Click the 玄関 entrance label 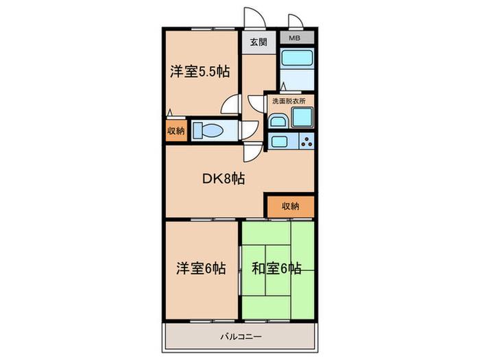pyautogui.click(x=259, y=42)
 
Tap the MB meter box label pyautogui.click(x=294, y=38)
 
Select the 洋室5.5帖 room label pyautogui.click(x=200, y=72)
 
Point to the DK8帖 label pyautogui.click(x=224, y=178)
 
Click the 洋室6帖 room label pyautogui.click(x=201, y=268)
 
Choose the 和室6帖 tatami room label pyautogui.click(x=276, y=269)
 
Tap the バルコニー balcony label pyautogui.click(x=241, y=337)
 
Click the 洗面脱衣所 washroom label pyautogui.click(x=289, y=101)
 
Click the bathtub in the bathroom pyautogui.click(x=298, y=58)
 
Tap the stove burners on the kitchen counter pyautogui.click(x=307, y=141)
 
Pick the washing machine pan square pyautogui.click(x=302, y=117)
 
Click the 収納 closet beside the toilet pyautogui.click(x=176, y=130)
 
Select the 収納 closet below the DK pyautogui.click(x=291, y=206)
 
